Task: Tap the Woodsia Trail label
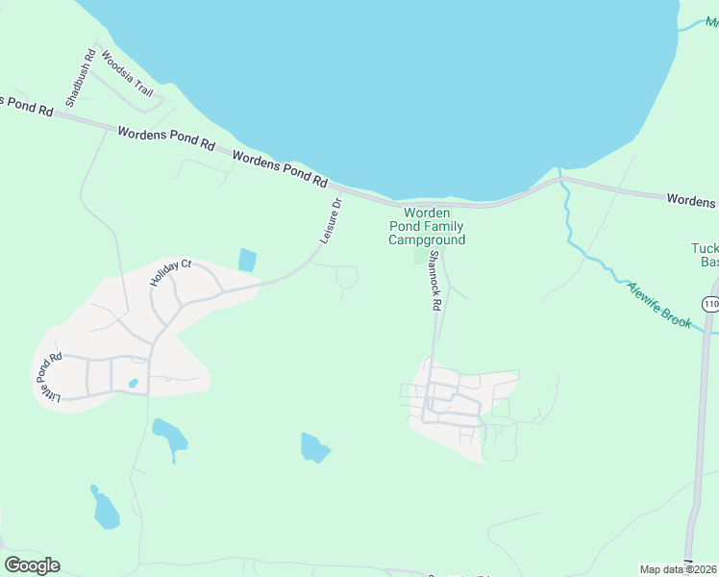tap(127, 74)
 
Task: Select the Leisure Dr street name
tap(330, 221)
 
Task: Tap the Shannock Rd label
tap(434, 281)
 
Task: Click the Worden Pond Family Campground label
tap(427, 226)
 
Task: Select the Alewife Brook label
tap(658, 305)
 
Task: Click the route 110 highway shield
tap(709, 304)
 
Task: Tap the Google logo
tap(32, 565)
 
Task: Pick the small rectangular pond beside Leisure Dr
tap(247, 260)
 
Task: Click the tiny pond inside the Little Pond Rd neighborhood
tap(133, 384)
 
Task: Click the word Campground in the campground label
tap(427, 239)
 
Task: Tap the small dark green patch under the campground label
tap(419, 255)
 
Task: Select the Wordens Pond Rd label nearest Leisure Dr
tap(280, 169)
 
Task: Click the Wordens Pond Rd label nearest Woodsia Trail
tap(166, 139)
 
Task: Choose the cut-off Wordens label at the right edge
tap(691, 200)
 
